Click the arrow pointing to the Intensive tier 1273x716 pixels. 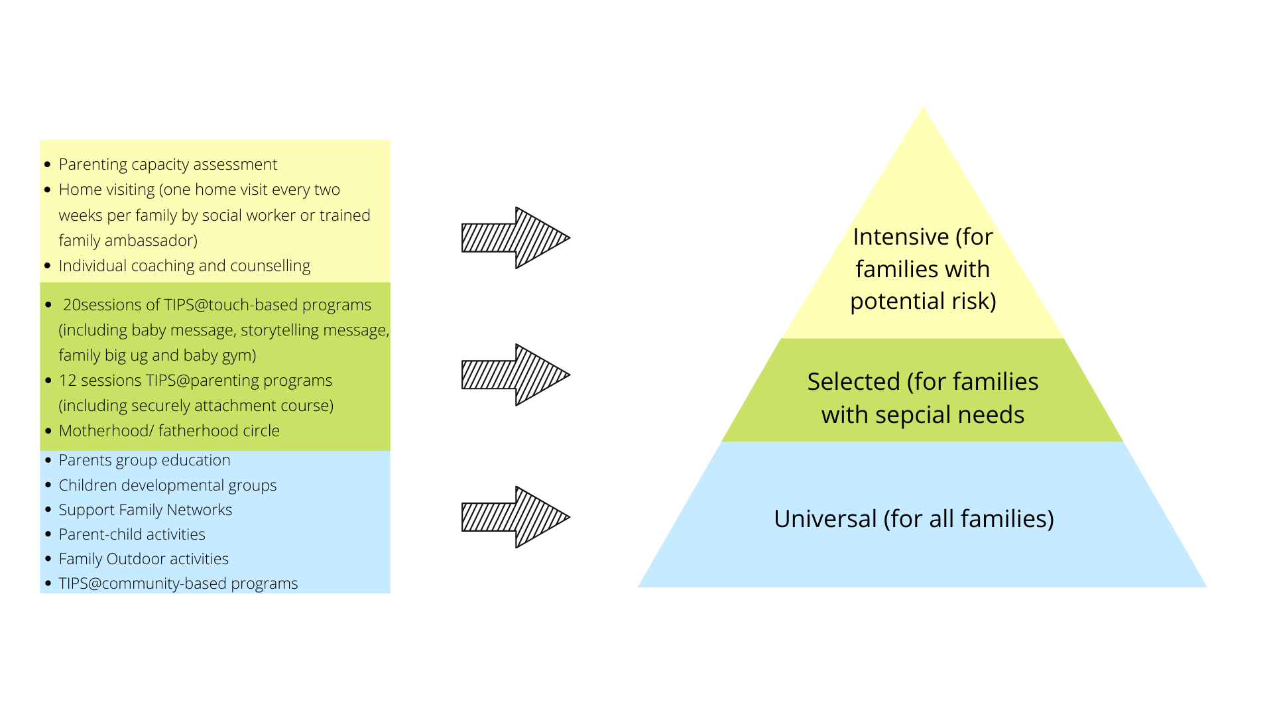[515, 237]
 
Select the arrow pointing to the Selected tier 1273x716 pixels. [515, 375]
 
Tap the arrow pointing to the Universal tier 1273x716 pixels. [515, 517]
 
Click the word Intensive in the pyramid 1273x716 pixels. [900, 237]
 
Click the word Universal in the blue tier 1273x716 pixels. [825, 518]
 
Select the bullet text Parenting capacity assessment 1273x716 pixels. [168, 164]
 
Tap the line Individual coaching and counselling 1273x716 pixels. [184, 266]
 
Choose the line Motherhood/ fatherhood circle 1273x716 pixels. [169, 431]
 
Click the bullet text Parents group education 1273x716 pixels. [145, 460]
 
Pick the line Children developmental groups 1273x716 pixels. [168, 485]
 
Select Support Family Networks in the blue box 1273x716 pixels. [145, 510]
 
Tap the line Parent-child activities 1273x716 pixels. [132, 534]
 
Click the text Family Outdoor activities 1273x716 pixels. [143, 559]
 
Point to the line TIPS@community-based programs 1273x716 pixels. [178, 583]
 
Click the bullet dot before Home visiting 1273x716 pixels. [48, 190]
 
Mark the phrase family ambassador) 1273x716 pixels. [128, 241]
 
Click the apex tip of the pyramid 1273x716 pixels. [922, 109]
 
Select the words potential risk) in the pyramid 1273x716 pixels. [923, 301]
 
